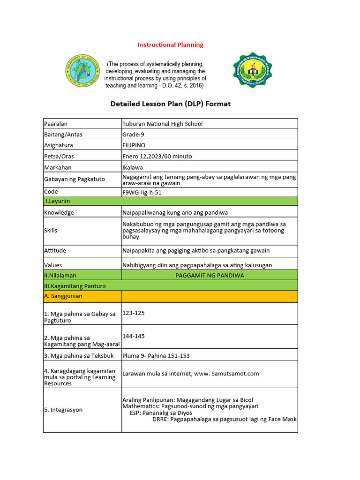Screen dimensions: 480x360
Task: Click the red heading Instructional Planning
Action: pos(170,45)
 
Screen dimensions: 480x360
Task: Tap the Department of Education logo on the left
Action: pos(82,73)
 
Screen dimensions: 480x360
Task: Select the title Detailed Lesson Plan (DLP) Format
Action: pos(170,104)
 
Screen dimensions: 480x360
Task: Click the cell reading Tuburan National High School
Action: pos(162,124)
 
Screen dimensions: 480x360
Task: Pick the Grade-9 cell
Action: pos(135,135)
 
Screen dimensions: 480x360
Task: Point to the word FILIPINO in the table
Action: pos(134,145)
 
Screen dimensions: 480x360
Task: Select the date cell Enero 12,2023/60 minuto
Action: pos(157,156)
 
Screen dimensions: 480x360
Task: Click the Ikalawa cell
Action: pos(133,167)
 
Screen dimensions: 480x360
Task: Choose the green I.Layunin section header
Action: pos(58,201)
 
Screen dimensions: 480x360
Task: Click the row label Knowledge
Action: pos(59,212)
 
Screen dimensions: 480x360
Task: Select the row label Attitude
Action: pos(56,251)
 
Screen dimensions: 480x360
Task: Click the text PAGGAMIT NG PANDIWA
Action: pos(210,275)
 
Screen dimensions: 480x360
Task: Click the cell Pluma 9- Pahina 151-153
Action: pos(156,356)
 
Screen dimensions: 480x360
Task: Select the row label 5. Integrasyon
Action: pos(63,410)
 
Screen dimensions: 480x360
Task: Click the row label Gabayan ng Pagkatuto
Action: pos(75,179)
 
